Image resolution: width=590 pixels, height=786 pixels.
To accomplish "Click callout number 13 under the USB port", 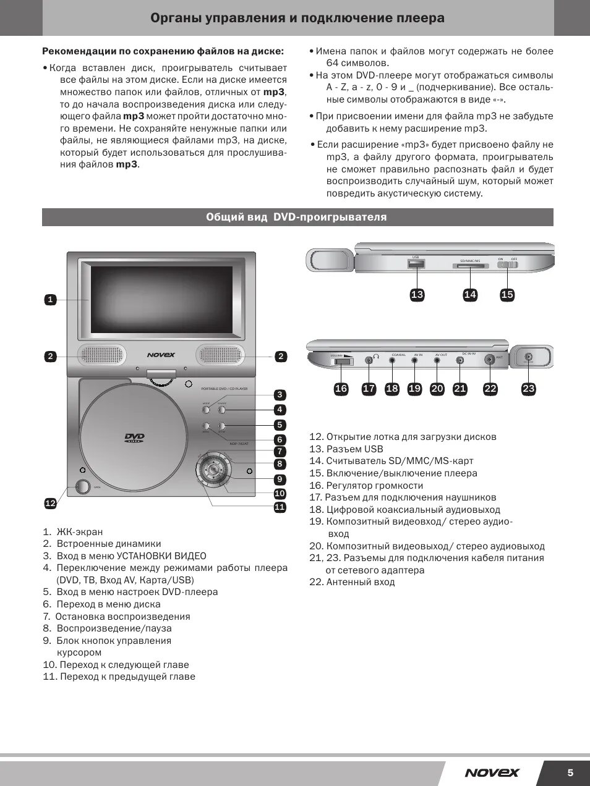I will point(417,295).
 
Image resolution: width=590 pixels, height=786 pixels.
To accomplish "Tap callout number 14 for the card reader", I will point(470,295).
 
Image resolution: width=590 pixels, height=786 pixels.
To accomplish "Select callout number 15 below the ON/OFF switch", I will point(507,295).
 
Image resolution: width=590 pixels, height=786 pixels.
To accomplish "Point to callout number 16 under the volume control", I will point(341,389).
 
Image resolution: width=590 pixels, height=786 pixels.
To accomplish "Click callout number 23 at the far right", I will point(528,389).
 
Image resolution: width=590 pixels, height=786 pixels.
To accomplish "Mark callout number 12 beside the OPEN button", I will point(51,503).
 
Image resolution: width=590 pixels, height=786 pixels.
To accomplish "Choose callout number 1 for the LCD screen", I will point(51,300).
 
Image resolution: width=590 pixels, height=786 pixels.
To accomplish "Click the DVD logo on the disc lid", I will point(134,438).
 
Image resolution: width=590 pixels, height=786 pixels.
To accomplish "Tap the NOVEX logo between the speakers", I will point(161,355).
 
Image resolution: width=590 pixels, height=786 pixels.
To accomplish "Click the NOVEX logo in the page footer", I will point(492,772).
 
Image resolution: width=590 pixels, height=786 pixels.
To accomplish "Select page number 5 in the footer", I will point(570,772).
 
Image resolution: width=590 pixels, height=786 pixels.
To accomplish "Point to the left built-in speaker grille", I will point(101,355).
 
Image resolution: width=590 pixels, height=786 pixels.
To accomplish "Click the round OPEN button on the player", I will point(82,486).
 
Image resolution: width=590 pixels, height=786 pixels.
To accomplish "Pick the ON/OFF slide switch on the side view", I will point(508,265).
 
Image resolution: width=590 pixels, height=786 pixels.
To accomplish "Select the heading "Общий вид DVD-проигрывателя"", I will point(296,218).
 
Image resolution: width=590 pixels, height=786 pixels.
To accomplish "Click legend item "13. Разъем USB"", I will point(346,449).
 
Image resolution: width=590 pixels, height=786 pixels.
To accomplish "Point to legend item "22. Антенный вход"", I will point(352,582).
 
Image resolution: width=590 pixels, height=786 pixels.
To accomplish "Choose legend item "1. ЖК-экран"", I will point(74,532).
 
